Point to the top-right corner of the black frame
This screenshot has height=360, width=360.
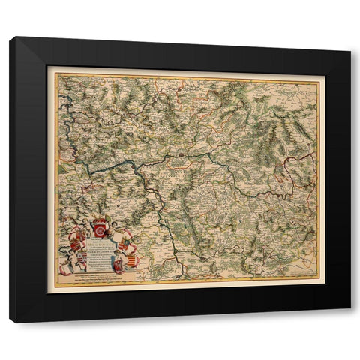point(349,37)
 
